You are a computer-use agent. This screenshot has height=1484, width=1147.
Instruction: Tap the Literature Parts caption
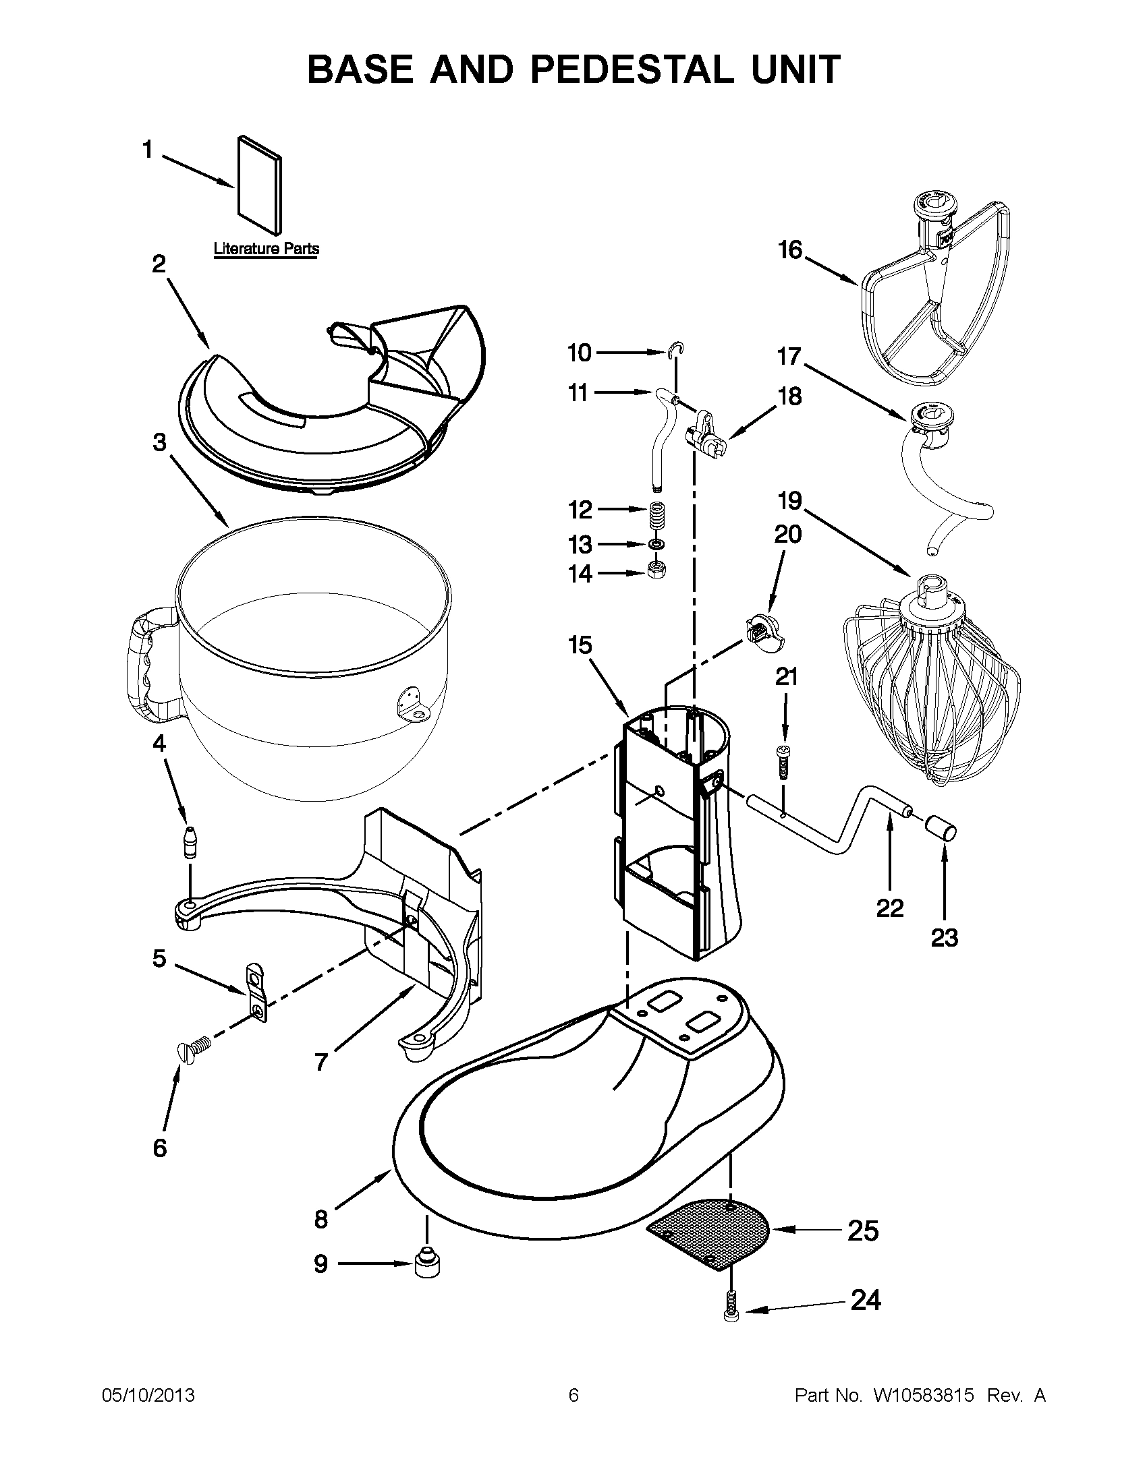(266, 249)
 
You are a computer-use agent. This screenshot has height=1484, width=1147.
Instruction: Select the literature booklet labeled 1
(259, 183)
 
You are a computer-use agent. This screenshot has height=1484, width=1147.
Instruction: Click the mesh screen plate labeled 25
(709, 1230)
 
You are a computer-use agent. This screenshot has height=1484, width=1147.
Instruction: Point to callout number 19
(790, 501)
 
